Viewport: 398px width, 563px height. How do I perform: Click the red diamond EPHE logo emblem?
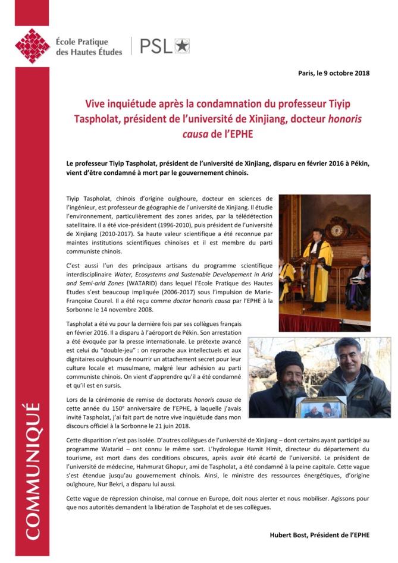(32, 46)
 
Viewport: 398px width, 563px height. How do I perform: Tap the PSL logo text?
(156, 46)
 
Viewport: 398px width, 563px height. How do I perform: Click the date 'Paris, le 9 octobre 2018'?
(334, 73)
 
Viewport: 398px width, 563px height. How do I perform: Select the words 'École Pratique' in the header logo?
(82, 42)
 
